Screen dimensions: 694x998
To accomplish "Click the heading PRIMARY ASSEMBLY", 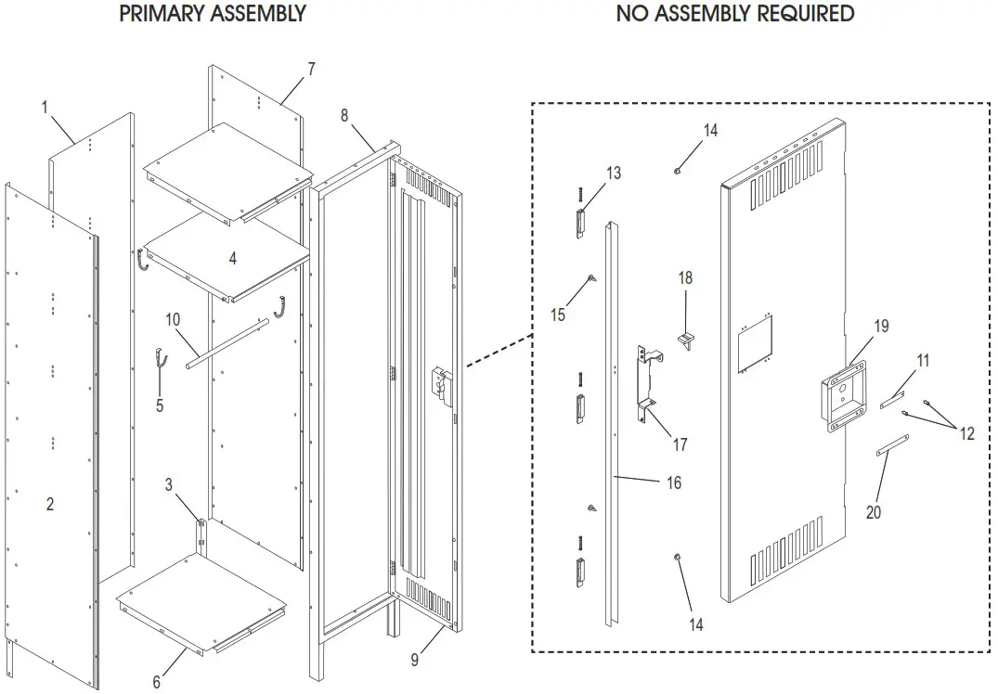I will tap(213, 14).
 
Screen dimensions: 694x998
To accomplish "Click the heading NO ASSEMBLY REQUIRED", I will tap(735, 14).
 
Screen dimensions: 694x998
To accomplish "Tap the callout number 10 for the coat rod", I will tap(174, 320).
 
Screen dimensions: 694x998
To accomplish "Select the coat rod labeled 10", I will tap(228, 344).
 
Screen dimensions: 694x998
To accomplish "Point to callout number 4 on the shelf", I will tap(233, 259).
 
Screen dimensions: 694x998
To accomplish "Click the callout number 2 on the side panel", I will tap(50, 504).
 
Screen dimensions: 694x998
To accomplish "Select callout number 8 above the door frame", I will tap(344, 115).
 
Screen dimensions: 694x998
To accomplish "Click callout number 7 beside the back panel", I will tap(311, 69).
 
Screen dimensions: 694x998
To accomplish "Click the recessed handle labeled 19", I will tap(841, 394).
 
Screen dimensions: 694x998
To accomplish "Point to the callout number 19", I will tap(881, 327).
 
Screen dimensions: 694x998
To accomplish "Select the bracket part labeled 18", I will tap(687, 340).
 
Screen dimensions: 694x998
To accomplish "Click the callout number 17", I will tap(680, 445).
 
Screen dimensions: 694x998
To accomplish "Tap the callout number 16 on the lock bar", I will tap(674, 482).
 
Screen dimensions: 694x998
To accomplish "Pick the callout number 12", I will tap(967, 433).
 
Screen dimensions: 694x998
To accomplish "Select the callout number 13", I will tap(614, 173).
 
